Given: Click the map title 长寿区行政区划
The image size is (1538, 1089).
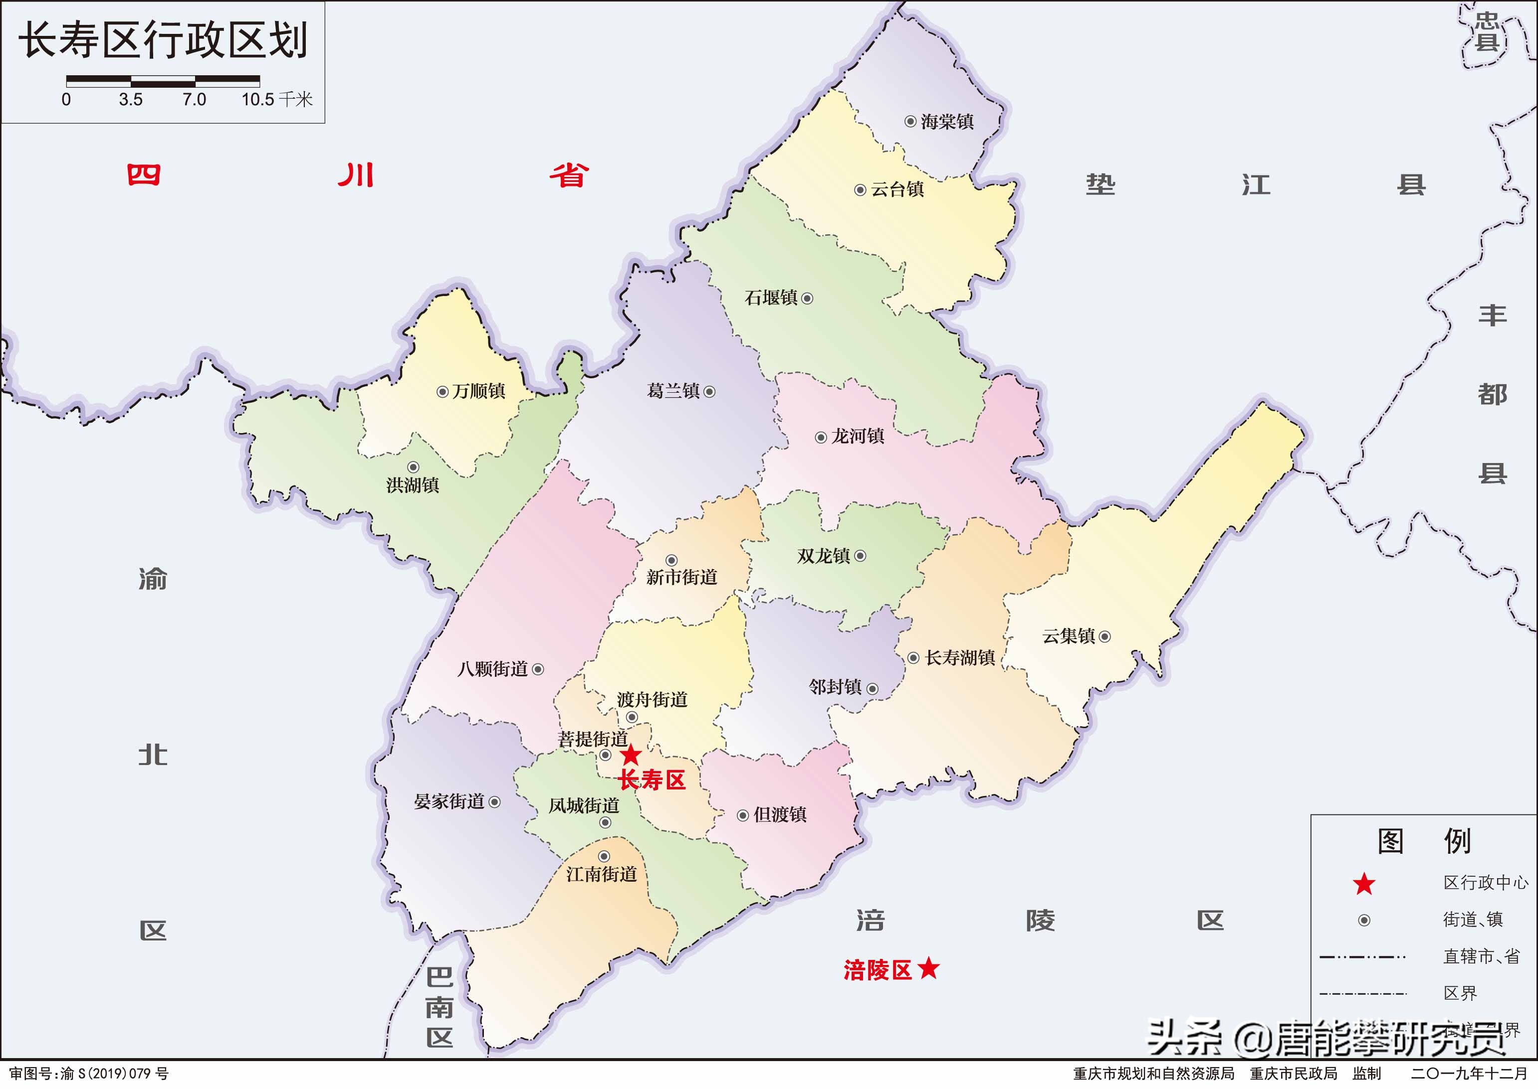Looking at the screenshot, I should click(163, 40).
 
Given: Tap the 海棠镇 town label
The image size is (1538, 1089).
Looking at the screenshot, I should click(947, 122).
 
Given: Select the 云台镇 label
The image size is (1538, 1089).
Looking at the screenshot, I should click(897, 190).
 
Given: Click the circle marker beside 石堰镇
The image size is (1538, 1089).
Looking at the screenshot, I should click(807, 299).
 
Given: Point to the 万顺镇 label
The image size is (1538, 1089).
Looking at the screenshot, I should click(478, 391).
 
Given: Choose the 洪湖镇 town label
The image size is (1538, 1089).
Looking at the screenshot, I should click(413, 485).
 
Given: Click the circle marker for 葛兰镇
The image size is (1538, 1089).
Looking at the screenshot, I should click(709, 392).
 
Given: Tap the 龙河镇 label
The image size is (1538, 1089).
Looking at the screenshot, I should click(858, 437).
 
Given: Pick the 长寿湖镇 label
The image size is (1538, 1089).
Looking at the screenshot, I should click(960, 658).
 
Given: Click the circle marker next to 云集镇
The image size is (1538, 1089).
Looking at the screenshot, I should click(1104, 636).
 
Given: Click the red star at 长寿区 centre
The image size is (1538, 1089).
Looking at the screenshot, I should click(630, 755).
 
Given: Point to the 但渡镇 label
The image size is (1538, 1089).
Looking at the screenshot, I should click(780, 815).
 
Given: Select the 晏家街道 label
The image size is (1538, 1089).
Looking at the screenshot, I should click(449, 801).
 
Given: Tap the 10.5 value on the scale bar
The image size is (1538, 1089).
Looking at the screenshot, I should click(258, 100).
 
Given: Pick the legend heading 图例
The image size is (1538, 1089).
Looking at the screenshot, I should click(1424, 841).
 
